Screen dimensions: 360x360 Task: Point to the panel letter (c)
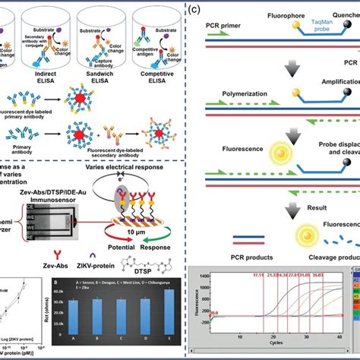(x=194, y=10)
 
